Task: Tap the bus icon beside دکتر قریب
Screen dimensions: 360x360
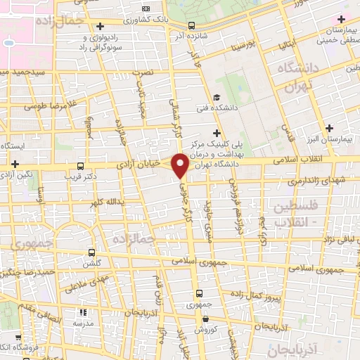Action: pyautogui.click(x=80, y=167)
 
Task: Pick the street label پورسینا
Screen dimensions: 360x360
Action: pyautogui.click(x=233, y=44)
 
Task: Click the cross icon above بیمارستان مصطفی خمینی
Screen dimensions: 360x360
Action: pyautogui.click(x=342, y=20)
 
